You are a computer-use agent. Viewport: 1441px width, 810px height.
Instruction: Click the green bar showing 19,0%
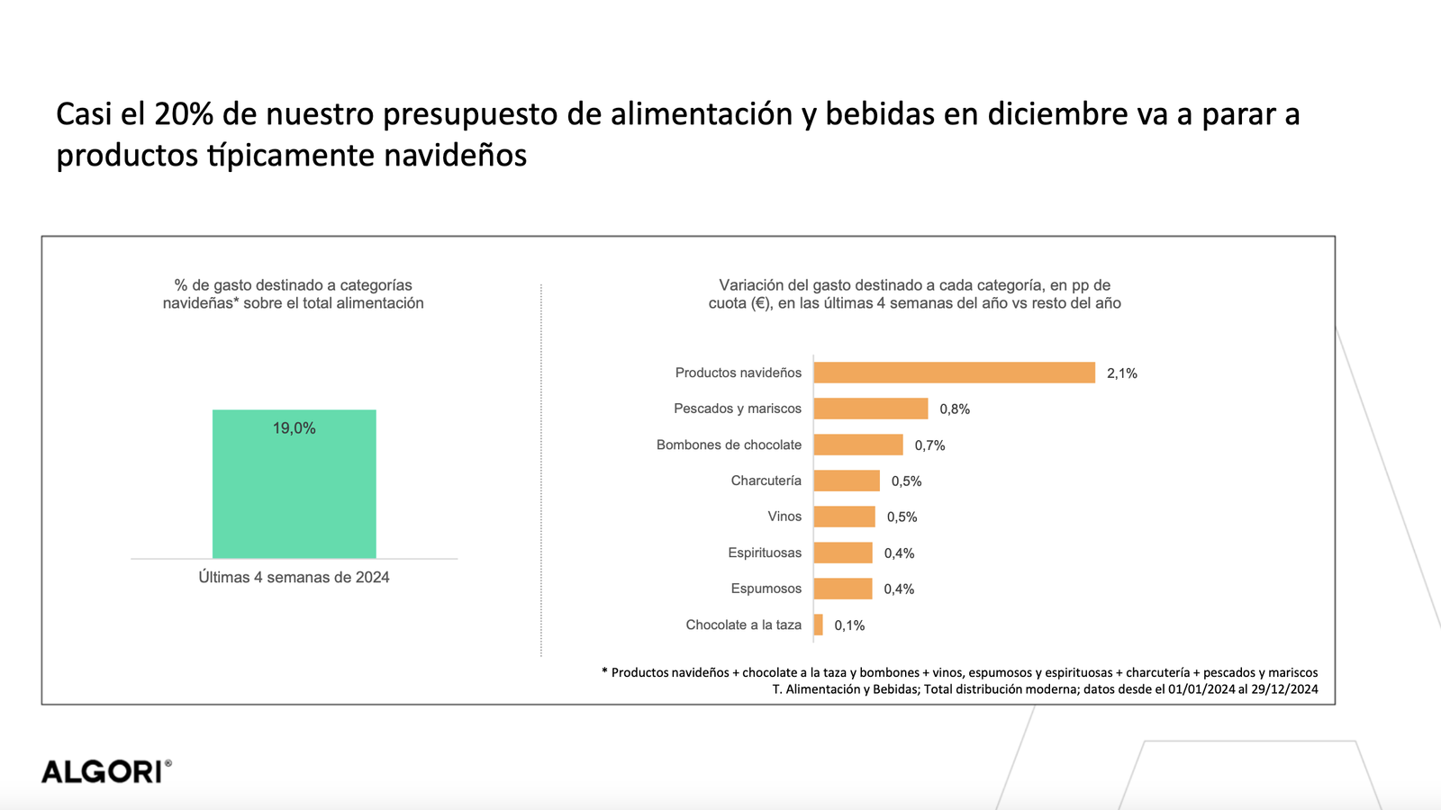click(294, 495)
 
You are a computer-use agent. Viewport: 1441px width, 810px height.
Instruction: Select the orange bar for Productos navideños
click(954, 373)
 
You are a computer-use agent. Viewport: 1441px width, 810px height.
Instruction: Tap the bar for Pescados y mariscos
click(870, 409)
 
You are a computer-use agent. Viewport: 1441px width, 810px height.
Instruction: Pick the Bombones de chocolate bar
click(857, 445)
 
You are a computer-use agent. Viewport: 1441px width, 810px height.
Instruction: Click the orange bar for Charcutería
click(846, 481)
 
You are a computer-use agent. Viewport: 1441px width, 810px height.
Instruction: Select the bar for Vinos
click(844, 517)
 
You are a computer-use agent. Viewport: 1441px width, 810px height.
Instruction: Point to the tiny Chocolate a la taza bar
click(818, 625)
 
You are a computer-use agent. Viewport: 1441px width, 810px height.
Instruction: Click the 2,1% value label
click(1121, 373)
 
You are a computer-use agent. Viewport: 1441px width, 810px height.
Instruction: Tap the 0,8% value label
click(955, 409)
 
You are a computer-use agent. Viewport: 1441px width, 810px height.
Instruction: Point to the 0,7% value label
click(929, 445)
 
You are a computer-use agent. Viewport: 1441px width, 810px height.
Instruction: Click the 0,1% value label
click(849, 625)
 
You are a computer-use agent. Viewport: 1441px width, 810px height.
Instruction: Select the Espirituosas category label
click(765, 553)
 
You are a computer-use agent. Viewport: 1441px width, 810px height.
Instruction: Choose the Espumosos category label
click(766, 589)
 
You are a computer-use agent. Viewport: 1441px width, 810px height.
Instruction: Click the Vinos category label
click(784, 517)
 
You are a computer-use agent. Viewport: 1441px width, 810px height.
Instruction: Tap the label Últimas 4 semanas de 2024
click(294, 578)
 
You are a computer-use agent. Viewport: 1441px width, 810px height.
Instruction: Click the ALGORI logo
click(105, 771)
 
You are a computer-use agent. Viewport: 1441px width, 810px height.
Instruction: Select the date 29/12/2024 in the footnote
click(1284, 689)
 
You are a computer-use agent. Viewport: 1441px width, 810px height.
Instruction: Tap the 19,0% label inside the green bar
click(294, 428)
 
